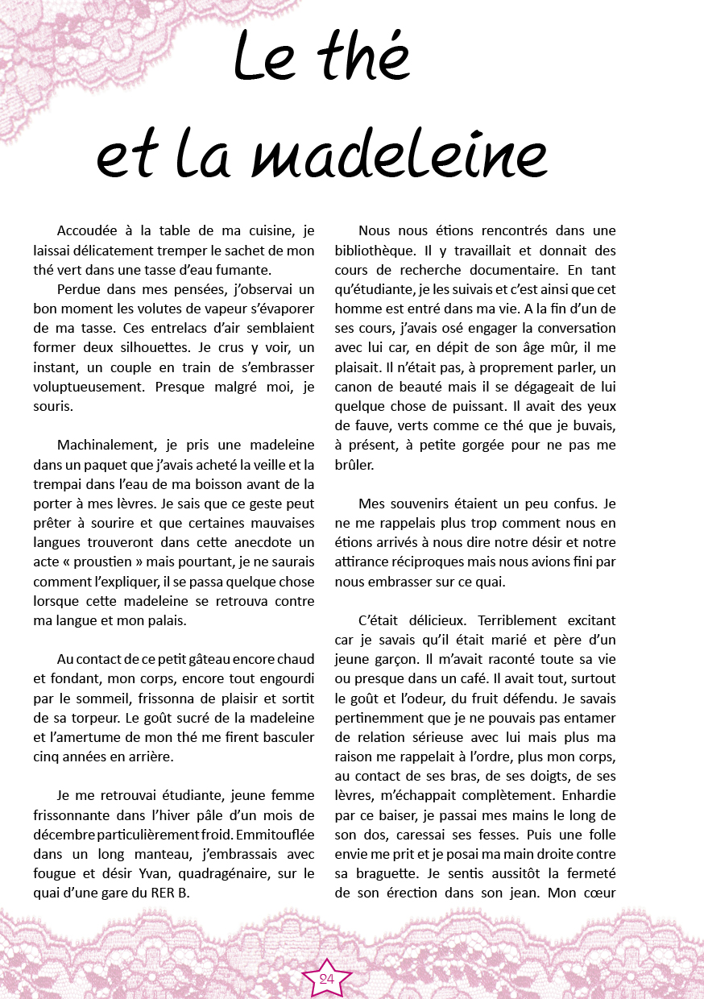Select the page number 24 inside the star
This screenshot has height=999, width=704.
tap(327, 979)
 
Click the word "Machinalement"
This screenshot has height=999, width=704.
tap(106, 445)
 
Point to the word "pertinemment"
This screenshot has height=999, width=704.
tap(383, 717)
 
